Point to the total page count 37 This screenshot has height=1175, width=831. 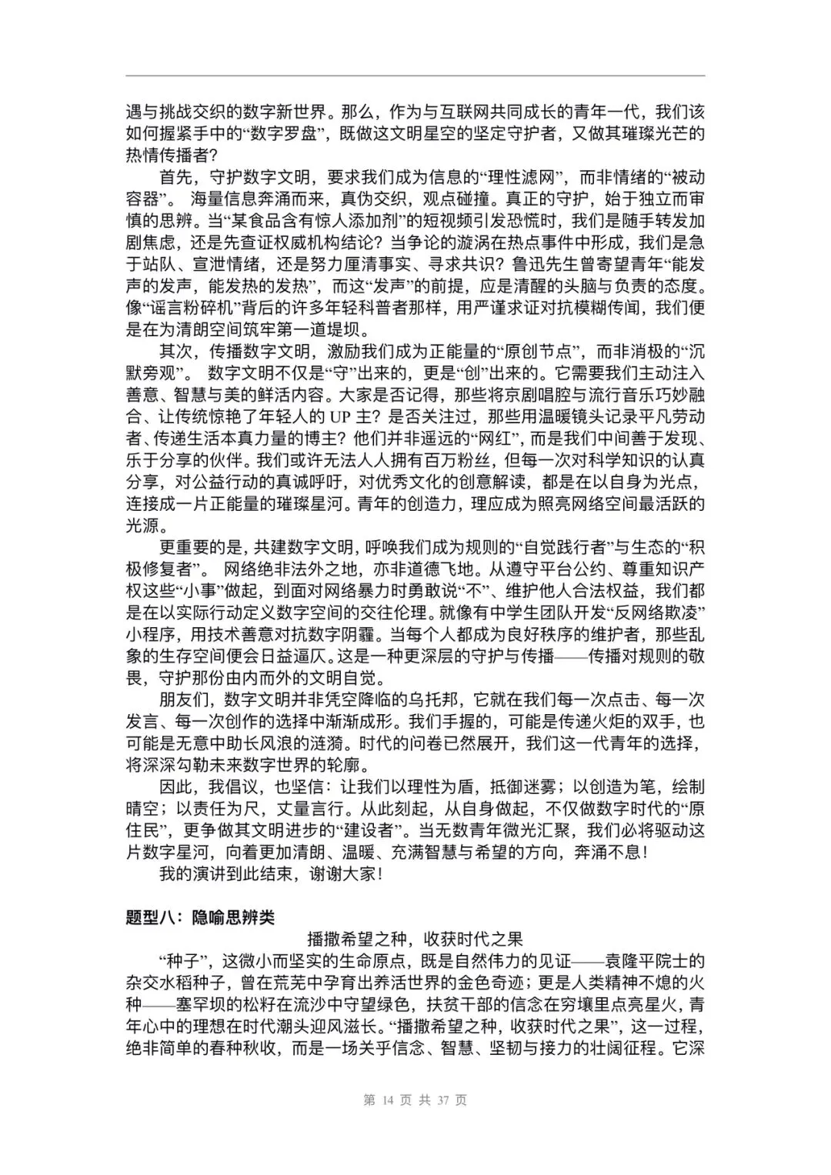point(442,1100)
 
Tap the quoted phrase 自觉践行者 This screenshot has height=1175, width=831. point(566,548)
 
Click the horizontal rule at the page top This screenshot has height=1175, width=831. point(415,76)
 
